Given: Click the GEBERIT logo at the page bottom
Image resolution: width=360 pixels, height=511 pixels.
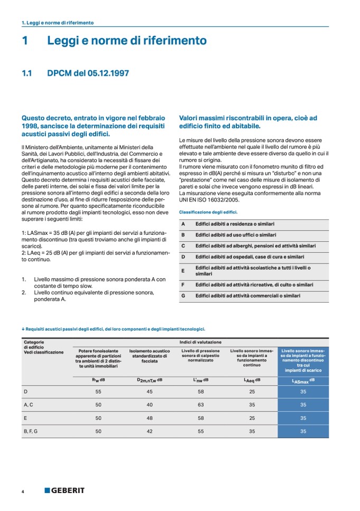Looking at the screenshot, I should tap(64, 490).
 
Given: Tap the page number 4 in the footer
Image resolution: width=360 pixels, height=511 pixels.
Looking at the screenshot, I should tap(23, 491).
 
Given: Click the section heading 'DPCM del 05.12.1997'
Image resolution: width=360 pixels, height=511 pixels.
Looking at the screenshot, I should tap(88, 74).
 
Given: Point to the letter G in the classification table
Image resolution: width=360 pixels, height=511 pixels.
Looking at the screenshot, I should tap(183, 296).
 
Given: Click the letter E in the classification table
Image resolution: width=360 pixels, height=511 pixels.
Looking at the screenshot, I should tap(183, 271).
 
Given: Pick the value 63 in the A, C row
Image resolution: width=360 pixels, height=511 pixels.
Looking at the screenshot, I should tap(200, 405).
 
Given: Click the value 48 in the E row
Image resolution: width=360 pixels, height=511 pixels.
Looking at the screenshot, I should tap(150, 418).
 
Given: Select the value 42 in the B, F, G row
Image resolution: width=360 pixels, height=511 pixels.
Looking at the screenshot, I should tap(150, 431).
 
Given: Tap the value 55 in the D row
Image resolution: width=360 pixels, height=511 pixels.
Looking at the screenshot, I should tap(98, 391).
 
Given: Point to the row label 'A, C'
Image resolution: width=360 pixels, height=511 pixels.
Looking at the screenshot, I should tap(29, 405).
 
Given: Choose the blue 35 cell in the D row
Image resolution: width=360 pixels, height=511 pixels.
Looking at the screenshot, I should tap(303, 391).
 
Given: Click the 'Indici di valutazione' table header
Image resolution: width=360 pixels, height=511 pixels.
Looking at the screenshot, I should tap(200, 342).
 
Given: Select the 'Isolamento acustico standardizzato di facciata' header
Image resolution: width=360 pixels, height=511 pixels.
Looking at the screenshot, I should tap(150, 355).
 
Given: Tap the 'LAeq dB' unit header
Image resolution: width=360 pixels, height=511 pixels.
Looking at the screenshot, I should tap(252, 380).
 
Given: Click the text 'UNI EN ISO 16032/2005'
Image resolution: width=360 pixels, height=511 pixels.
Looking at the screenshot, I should tap(209, 200).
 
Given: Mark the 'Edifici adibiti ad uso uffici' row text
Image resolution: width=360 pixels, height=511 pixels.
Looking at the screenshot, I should tap(236, 234).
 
